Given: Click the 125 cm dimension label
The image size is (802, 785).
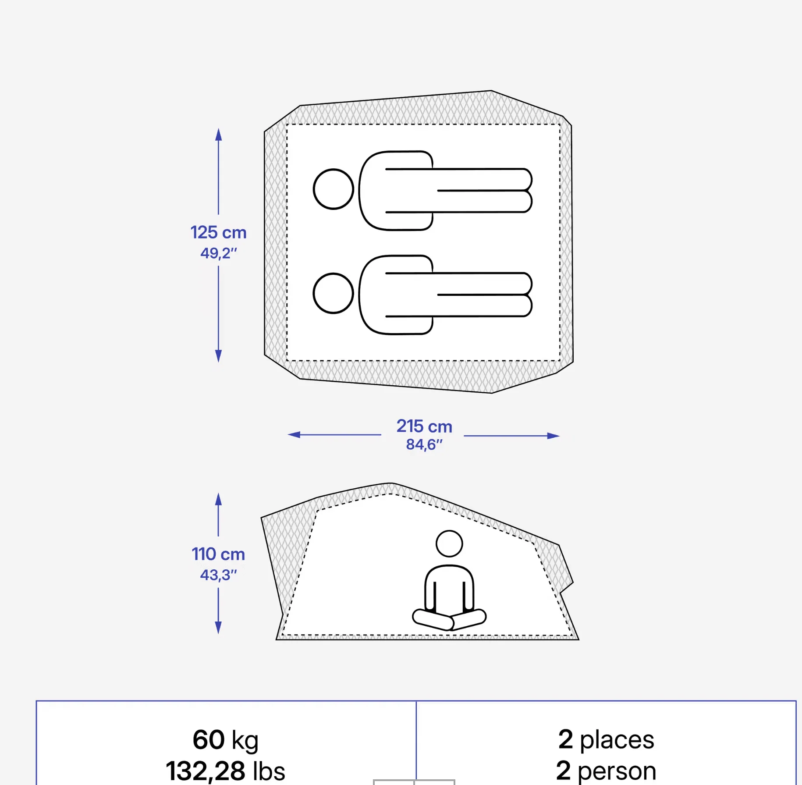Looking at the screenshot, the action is [218, 232].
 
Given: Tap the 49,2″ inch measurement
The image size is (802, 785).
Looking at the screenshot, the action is [218, 253].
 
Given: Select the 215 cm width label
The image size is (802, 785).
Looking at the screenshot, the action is [424, 426].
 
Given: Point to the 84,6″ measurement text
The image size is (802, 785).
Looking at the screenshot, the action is [424, 444].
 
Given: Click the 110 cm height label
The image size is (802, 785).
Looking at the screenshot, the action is [218, 554].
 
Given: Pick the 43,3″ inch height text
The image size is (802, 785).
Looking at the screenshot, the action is [218, 575].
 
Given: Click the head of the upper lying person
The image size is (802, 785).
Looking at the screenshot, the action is [334, 189].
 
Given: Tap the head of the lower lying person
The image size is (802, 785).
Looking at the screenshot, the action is [334, 293].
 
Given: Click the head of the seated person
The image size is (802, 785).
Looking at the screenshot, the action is [449, 543].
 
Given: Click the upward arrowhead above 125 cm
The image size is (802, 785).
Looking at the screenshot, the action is [218, 134].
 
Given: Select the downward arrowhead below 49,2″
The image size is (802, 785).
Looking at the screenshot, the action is [218, 356].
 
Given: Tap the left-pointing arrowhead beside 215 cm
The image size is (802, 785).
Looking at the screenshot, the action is [294, 434].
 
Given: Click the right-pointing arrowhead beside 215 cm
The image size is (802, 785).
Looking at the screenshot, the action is [554, 436].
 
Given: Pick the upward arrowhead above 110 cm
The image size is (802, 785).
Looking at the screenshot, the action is [218, 499].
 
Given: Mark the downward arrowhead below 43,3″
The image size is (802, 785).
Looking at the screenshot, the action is [218, 628].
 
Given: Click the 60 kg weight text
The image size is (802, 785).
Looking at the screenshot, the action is [225, 740].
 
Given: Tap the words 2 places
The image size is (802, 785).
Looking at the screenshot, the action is [606, 740].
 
